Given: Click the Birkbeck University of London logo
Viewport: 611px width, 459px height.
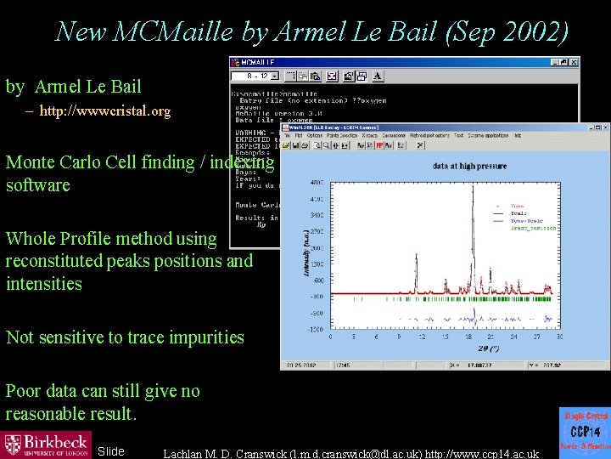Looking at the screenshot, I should click(47, 444).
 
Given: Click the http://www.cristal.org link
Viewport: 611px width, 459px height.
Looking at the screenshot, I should click(104, 110).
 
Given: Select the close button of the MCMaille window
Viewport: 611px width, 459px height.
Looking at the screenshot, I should click(574, 63).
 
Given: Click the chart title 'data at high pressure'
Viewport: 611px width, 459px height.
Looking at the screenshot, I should click(468, 166).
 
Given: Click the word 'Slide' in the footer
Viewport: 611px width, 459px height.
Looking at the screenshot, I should click(110, 451).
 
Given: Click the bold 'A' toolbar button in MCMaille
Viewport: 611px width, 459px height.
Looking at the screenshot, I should click(376, 76).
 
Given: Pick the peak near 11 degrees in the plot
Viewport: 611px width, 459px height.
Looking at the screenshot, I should click(416, 276).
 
